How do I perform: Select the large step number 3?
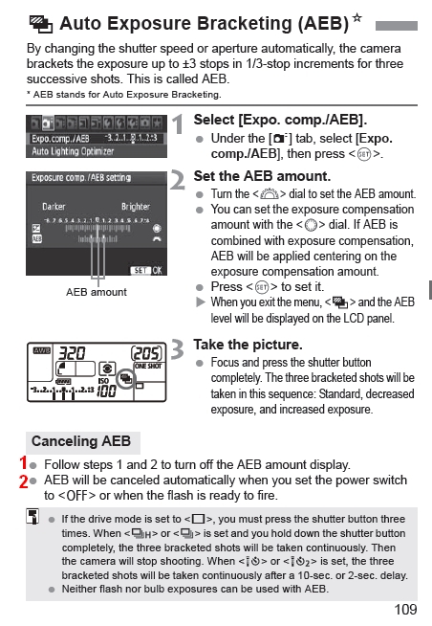pos(177,351)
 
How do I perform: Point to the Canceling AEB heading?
pos(80,441)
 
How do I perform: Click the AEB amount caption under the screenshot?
pos(96,292)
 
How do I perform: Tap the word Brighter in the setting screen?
pos(135,207)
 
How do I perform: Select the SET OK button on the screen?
pos(146,271)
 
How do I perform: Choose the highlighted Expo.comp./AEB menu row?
pos(96,139)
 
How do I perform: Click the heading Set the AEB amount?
pos(261,176)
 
